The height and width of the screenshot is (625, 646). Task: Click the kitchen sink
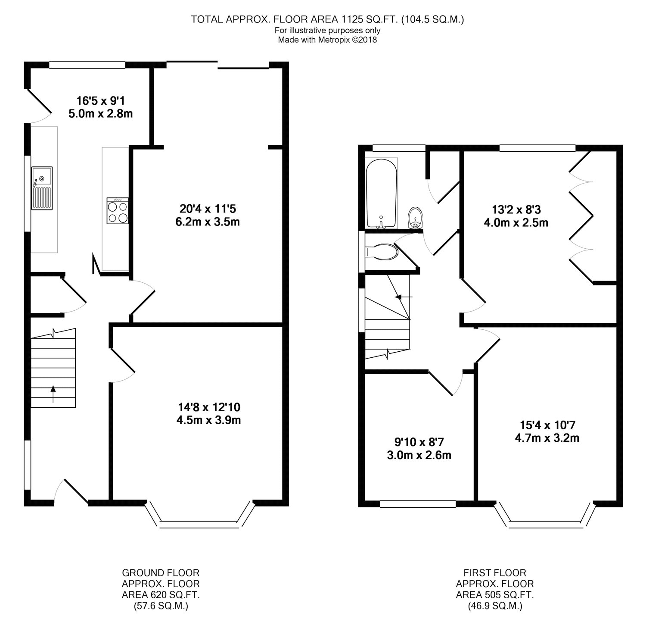pyautogui.click(x=42, y=188)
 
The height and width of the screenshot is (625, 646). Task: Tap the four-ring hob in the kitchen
pyautogui.click(x=118, y=211)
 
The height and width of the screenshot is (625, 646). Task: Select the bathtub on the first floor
pyautogui.click(x=381, y=193)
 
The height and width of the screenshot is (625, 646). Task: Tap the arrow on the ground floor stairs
pyautogui.click(x=53, y=394)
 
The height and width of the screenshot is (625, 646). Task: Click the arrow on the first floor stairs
pyautogui.click(x=404, y=297)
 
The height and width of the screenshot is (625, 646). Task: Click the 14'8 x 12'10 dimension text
pyautogui.click(x=209, y=413)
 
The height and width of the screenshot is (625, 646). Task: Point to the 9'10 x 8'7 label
pyautogui.click(x=419, y=448)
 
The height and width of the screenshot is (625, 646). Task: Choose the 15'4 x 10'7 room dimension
pyautogui.click(x=547, y=431)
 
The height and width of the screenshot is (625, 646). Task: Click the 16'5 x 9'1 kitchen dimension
pyautogui.click(x=100, y=107)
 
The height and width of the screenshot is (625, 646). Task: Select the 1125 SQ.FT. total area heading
pyautogui.click(x=328, y=19)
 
